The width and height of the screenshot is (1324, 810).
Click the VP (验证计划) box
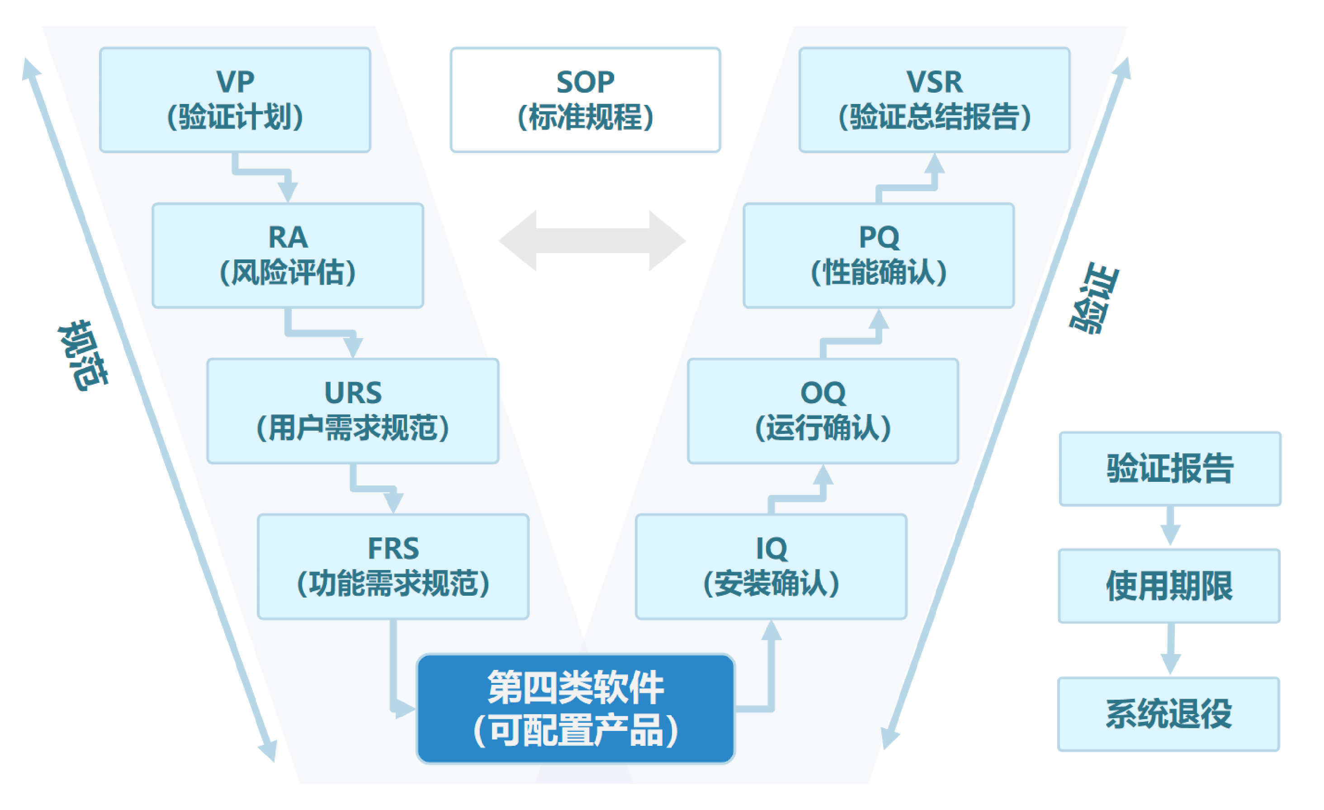[x=235, y=100]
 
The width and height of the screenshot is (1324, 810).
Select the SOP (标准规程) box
[x=585, y=100]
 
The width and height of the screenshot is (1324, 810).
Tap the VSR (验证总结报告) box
[x=934, y=100]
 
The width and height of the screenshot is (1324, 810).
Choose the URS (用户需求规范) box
[x=353, y=411]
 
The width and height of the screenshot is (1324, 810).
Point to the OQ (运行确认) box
[x=823, y=411]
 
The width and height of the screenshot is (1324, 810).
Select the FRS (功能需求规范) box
[x=393, y=567]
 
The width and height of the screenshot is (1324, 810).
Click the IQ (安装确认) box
[x=771, y=567]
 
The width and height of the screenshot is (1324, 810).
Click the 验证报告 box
[x=1170, y=468]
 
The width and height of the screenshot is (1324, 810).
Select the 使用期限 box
[x=1169, y=585]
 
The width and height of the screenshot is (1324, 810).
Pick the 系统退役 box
[x=1169, y=714]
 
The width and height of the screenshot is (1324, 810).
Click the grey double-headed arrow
[x=592, y=240]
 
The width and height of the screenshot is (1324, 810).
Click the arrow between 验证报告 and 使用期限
[x=1170, y=527]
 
